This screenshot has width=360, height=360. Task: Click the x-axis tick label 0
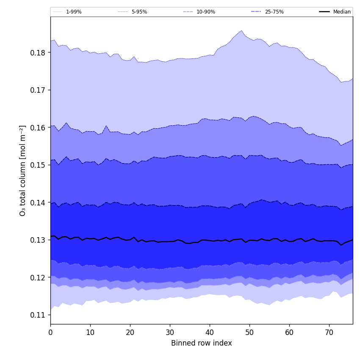pyautogui.click(x=50, y=332)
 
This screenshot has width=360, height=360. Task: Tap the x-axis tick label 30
pyautogui.click(x=170, y=332)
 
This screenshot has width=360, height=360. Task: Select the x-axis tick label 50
pyautogui.click(x=249, y=332)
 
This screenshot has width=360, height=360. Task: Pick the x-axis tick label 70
pyautogui.click(x=329, y=332)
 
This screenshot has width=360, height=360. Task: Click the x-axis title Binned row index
pyautogui.click(x=201, y=343)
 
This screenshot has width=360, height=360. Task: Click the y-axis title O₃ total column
pyautogui.click(x=23, y=170)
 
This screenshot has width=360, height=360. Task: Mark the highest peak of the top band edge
pyautogui.click(x=241, y=30)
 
